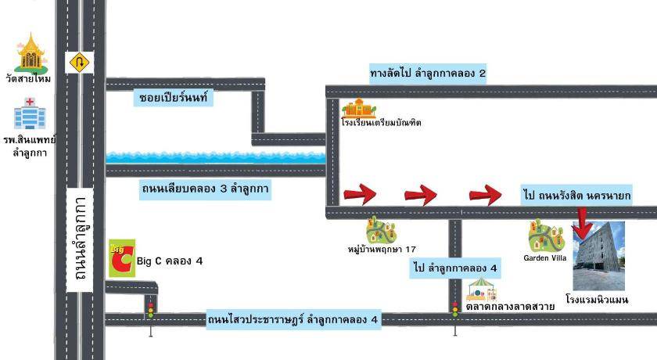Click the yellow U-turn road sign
coord(79,62)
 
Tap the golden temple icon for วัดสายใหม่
coord(31,52)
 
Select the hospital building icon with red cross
coord(30,113)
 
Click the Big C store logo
coord(121,257)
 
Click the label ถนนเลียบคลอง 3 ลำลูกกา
coord(206,189)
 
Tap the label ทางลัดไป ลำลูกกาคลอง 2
coord(428,74)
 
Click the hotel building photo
coord(599,256)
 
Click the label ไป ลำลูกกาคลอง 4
coord(454,268)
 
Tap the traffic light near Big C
coord(150,308)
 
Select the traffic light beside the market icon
coord(454,310)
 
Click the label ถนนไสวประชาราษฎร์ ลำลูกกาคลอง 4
coord(293,319)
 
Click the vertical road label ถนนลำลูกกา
coord(80,243)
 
